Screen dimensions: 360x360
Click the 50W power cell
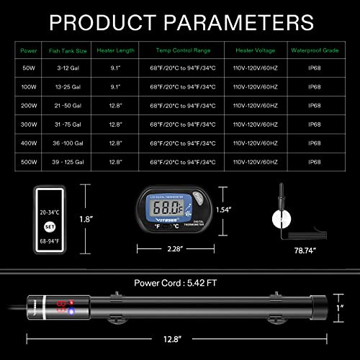click(30, 68)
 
